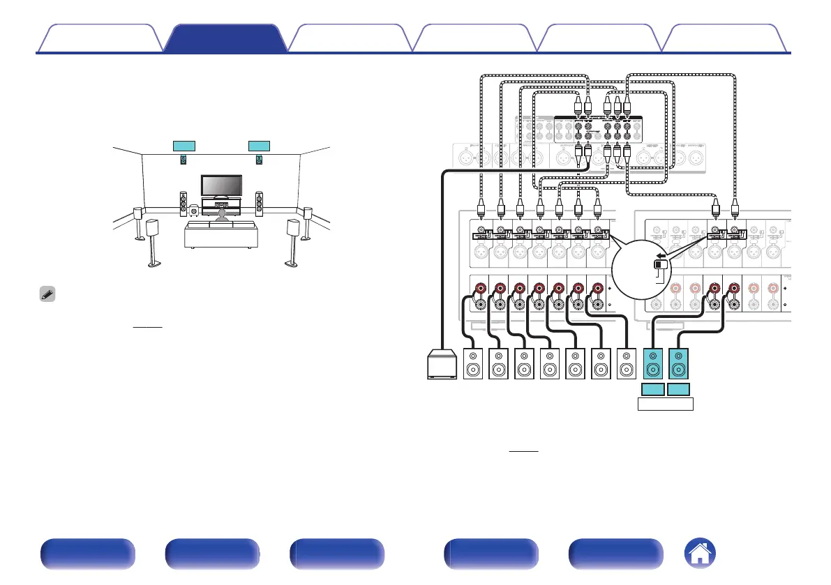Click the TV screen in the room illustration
coord(221,185)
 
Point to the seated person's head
coord(222,215)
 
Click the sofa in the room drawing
coord(221,235)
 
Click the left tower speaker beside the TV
coord(183,202)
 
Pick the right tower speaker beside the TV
coord(259,202)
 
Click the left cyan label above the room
coord(185,145)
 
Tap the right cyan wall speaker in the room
coord(259,160)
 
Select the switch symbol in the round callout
coord(659,265)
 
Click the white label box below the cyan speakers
coord(666,404)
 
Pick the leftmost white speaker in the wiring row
coord(474,365)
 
